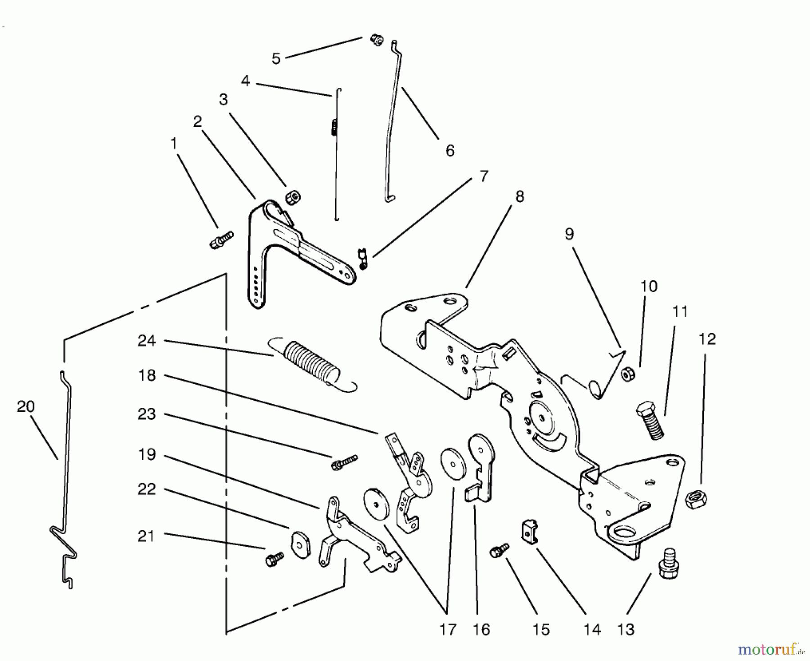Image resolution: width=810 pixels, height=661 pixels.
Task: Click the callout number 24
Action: [x=147, y=341]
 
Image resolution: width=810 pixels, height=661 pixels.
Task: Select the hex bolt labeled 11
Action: [x=650, y=421]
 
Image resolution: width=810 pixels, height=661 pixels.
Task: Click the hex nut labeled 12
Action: [x=696, y=499]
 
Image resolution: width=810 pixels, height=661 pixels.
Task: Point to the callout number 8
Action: [x=520, y=197]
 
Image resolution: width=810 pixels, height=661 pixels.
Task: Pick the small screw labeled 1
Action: [x=221, y=240]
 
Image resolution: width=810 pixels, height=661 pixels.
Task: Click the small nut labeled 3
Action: [x=293, y=197]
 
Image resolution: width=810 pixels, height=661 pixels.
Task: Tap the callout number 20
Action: [x=26, y=407]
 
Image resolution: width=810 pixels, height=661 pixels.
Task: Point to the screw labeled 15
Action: [x=499, y=550]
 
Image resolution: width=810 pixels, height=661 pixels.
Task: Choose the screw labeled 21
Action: [x=274, y=559]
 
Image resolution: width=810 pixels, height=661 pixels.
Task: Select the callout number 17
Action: [x=448, y=629]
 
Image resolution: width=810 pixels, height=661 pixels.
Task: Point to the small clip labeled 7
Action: [x=363, y=260]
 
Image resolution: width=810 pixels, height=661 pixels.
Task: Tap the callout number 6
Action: [x=450, y=150]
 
